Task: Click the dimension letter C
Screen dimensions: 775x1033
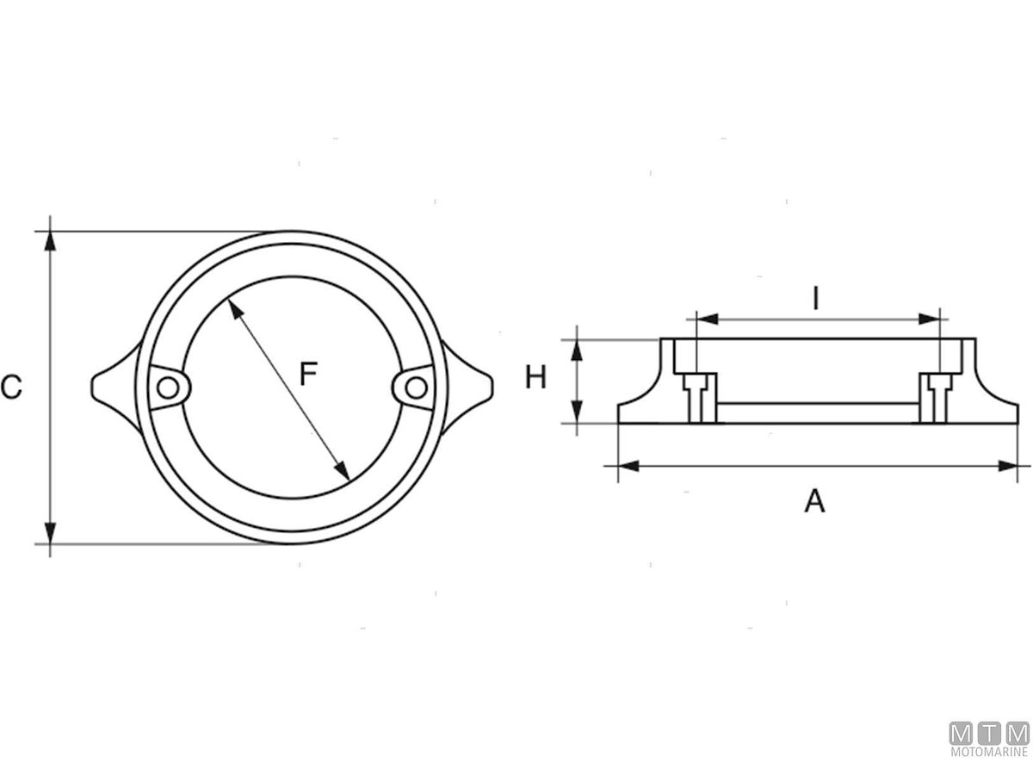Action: (x=11, y=388)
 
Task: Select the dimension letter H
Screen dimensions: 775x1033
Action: (x=536, y=377)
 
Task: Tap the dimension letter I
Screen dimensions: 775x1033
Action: (x=816, y=298)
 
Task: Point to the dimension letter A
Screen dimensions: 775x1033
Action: (x=814, y=501)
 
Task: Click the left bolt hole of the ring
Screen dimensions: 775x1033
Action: (x=169, y=389)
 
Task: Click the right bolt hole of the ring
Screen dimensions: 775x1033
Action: (x=415, y=388)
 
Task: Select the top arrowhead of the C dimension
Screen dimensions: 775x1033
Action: (x=51, y=240)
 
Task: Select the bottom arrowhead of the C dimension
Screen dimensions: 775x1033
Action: (x=51, y=533)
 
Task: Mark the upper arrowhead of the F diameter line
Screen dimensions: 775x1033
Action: (x=234, y=308)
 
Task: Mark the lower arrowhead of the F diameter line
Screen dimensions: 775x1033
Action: (x=342, y=470)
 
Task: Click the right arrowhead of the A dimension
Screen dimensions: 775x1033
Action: (x=1008, y=466)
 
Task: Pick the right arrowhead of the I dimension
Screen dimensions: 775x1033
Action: (x=929, y=319)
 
